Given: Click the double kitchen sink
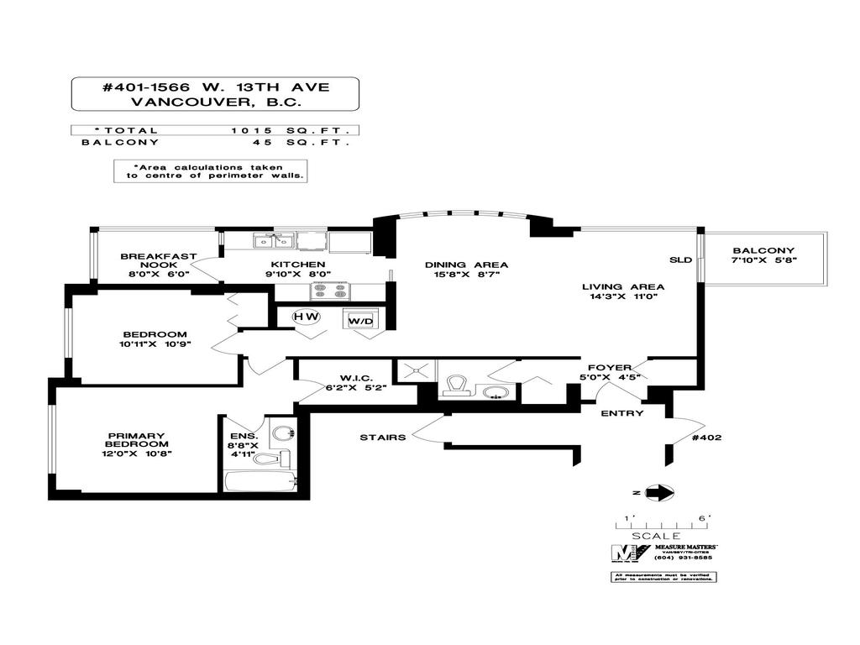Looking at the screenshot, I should click(x=274, y=241).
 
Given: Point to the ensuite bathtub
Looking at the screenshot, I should click(x=260, y=482).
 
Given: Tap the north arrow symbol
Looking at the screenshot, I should click(x=662, y=493).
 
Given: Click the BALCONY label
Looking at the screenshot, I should click(x=763, y=250).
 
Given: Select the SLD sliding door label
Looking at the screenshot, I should click(x=680, y=260).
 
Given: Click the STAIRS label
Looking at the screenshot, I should click(x=383, y=437).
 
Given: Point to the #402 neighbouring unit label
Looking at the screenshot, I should click(x=705, y=437).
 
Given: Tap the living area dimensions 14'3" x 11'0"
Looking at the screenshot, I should click(x=618, y=296).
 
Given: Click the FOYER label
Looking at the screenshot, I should click(x=609, y=367).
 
